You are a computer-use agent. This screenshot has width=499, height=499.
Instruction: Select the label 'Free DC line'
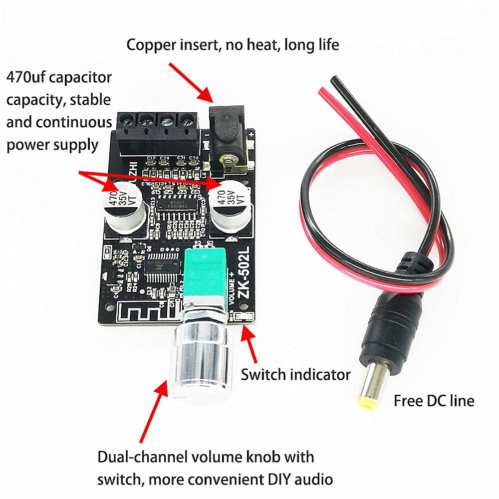(x=434, y=400)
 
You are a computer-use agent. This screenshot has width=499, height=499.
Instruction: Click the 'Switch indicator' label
(x=295, y=374)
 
